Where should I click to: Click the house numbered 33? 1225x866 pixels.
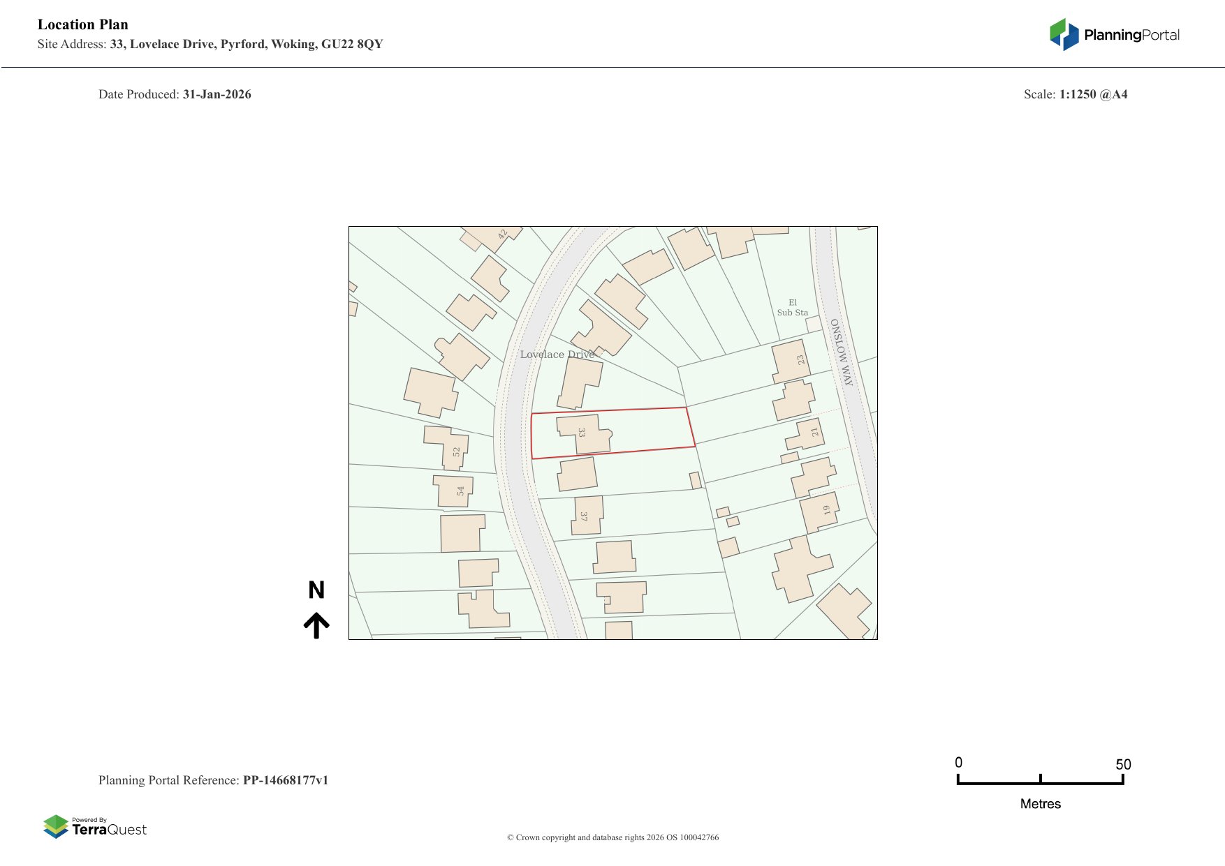[x=583, y=434]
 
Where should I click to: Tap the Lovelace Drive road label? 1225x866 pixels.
[x=557, y=354]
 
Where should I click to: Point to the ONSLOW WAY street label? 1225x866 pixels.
[x=842, y=352]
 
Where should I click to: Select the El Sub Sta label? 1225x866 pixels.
[x=793, y=308]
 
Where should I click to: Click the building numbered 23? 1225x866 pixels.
[x=791, y=361]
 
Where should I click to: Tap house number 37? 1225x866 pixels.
[x=587, y=516]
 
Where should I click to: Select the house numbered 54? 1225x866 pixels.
[x=453, y=491]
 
